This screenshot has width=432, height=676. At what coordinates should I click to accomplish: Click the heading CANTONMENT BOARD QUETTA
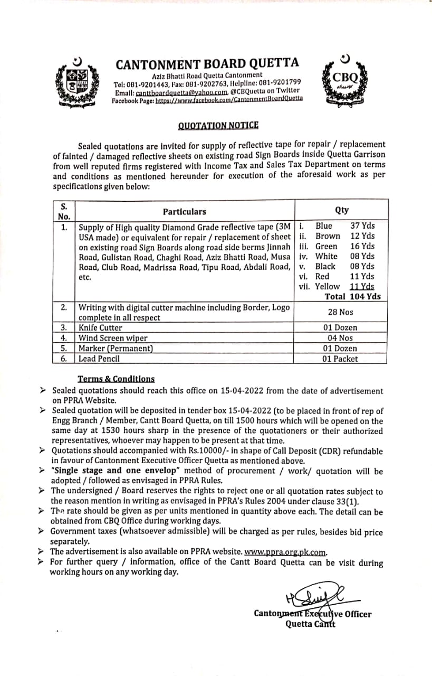(207, 64)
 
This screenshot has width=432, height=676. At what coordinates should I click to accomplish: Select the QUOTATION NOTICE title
(218, 125)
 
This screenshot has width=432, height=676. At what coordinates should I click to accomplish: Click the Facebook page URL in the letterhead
(229, 99)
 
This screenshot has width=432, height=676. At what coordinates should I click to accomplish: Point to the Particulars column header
(184, 211)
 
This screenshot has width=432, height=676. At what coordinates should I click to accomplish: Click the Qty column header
(341, 210)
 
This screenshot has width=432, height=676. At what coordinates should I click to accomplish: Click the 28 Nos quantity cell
(341, 312)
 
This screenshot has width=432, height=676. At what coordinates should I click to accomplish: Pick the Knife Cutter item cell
(102, 328)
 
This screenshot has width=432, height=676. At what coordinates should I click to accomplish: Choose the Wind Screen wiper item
(113, 338)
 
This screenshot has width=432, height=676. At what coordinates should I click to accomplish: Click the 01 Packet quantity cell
(340, 359)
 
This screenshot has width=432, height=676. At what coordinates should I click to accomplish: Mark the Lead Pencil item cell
(99, 359)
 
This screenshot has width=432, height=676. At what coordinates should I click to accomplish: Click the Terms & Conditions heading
(116, 379)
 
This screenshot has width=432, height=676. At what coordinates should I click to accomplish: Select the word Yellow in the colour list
(328, 286)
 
